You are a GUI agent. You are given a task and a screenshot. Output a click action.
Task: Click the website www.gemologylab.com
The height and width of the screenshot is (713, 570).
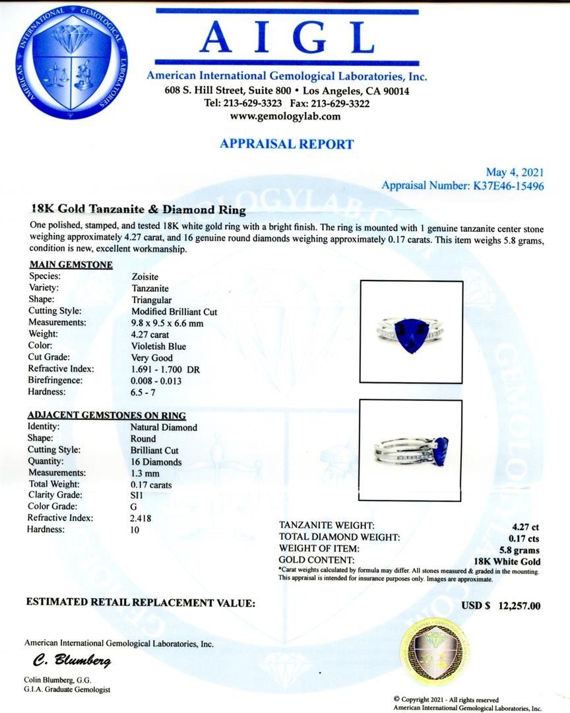pyautogui.click(x=285, y=116)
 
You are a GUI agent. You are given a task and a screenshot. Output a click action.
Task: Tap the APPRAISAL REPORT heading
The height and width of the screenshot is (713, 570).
pyautogui.click(x=286, y=144)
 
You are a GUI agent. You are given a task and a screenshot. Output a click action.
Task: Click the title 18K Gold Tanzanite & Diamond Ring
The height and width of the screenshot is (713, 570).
pyautogui.click(x=139, y=211)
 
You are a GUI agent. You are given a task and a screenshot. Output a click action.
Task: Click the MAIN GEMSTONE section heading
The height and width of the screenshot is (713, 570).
pyautogui.click(x=71, y=265)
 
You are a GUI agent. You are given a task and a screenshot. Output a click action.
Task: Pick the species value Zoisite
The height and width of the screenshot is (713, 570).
pyautogui.click(x=145, y=277)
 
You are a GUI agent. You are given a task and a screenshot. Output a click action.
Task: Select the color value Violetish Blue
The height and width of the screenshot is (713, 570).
pyautogui.click(x=158, y=347)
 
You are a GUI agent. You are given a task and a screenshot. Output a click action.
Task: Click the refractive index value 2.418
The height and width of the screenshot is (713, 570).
pyautogui.click(x=141, y=518)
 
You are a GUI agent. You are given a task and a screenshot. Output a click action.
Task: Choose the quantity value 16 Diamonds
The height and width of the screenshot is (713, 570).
pyautogui.click(x=156, y=461)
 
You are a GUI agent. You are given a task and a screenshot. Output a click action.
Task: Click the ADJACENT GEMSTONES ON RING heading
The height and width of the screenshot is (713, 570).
pyautogui.click(x=106, y=415)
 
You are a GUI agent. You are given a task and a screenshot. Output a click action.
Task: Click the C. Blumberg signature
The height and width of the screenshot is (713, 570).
pyautogui.click(x=72, y=661)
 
